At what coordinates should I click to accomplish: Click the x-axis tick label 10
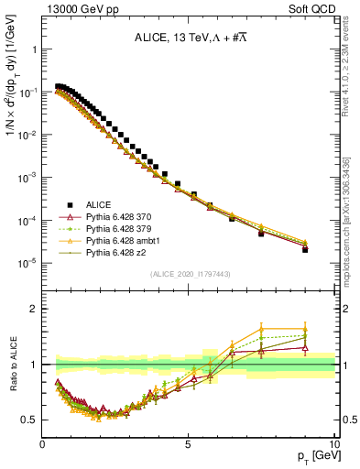pos(334,443)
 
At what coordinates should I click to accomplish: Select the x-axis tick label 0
pos(43,443)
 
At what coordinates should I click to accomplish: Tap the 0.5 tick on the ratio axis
pos(30,420)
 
